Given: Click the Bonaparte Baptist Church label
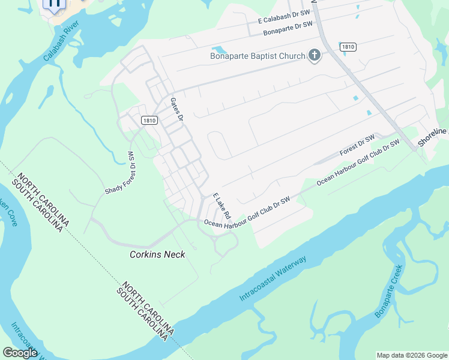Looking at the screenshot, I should click(258, 56).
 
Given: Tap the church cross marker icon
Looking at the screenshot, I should click(314, 56).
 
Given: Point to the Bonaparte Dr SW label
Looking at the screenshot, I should click(288, 28).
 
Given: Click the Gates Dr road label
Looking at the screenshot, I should click(176, 109).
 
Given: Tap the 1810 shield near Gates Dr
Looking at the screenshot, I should click(149, 121).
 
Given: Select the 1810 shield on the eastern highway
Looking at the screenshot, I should click(348, 46).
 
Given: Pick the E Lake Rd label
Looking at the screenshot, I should click(221, 206).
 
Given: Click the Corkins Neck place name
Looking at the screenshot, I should click(157, 254).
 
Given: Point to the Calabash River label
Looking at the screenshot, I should click(61, 43).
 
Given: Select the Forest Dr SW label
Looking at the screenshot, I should click(357, 146).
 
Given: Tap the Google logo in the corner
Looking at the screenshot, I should click(20, 353).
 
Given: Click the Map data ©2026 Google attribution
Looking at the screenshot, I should click(412, 355).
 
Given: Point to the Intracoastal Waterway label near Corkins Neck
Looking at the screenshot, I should click(273, 279).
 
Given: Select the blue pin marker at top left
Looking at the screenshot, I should click(54, 4).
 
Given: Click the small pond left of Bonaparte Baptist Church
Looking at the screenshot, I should click(217, 49).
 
